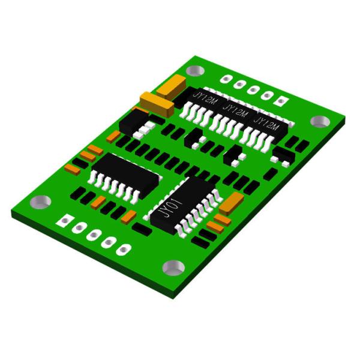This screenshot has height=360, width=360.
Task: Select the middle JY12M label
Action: tap(235, 111)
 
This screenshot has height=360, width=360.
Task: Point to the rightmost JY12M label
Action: tap(266, 125)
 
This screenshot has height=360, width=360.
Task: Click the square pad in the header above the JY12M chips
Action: tap(280, 100)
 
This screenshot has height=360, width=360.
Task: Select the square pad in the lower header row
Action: tap(62, 221)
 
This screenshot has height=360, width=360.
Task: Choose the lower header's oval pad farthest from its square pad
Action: tap(123, 248)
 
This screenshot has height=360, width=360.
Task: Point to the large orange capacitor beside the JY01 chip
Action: tap(232, 203)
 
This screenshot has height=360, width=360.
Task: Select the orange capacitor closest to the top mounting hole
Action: tap(172, 88)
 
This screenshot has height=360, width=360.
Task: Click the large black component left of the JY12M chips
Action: tap(134, 121)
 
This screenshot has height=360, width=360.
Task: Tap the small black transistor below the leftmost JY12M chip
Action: tap(194, 140)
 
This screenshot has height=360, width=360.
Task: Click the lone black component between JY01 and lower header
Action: tap(142, 229)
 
